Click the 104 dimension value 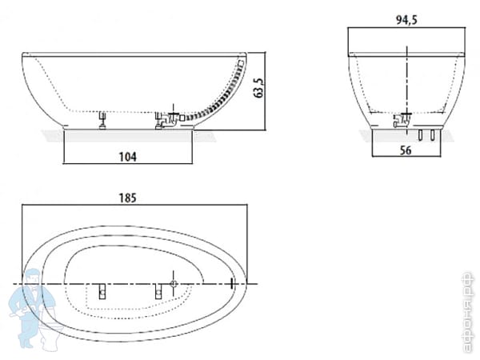click(x=127, y=157)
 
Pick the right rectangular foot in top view click(x=157, y=292)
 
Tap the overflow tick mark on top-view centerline click(x=231, y=283)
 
